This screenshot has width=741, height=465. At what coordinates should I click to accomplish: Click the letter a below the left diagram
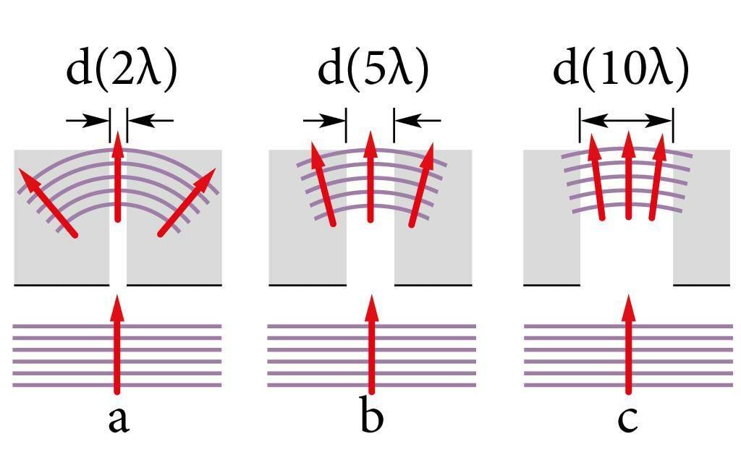click(118, 420)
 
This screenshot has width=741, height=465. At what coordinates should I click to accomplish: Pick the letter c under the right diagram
click(627, 420)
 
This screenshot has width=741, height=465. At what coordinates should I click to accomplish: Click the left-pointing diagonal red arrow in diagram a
click(48, 202)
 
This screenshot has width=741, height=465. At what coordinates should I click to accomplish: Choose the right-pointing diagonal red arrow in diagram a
click(188, 202)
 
